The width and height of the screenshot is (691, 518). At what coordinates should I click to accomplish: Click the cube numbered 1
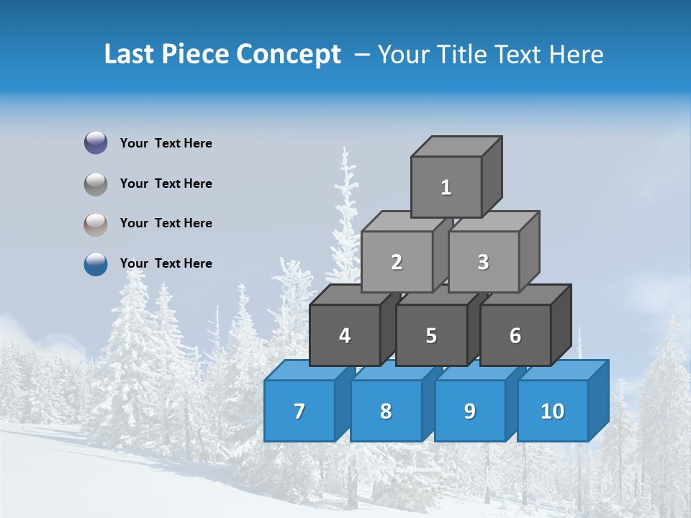(446, 187)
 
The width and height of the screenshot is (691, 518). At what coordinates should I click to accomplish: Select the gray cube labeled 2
(397, 262)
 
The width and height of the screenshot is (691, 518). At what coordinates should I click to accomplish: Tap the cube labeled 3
(483, 262)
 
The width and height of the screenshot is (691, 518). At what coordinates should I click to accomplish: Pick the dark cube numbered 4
(345, 335)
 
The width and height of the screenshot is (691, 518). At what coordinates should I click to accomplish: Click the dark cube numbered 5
(431, 335)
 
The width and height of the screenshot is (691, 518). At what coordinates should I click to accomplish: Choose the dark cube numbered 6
(515, 335)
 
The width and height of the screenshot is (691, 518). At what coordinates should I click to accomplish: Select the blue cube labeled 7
(299, 411)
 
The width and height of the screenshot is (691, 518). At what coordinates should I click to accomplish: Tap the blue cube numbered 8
(386, 411)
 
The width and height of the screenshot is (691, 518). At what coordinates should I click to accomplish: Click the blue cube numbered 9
(470, 411)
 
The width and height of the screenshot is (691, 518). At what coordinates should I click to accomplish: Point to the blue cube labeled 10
(553, 411)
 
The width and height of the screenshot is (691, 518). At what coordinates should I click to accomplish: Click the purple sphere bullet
(96, 143)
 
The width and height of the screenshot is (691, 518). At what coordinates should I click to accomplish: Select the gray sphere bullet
(96, 183)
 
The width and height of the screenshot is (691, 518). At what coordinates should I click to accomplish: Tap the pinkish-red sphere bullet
(96, 224)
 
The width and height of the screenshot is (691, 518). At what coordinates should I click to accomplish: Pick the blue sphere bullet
(96, 264)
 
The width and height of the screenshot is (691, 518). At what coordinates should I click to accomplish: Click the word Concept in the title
(289, 55)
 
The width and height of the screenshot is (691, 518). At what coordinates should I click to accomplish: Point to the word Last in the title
(130, 55)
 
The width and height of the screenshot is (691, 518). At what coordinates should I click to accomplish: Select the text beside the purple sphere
(166, 143)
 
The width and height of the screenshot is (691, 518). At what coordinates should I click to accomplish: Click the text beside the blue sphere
(166, 263)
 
